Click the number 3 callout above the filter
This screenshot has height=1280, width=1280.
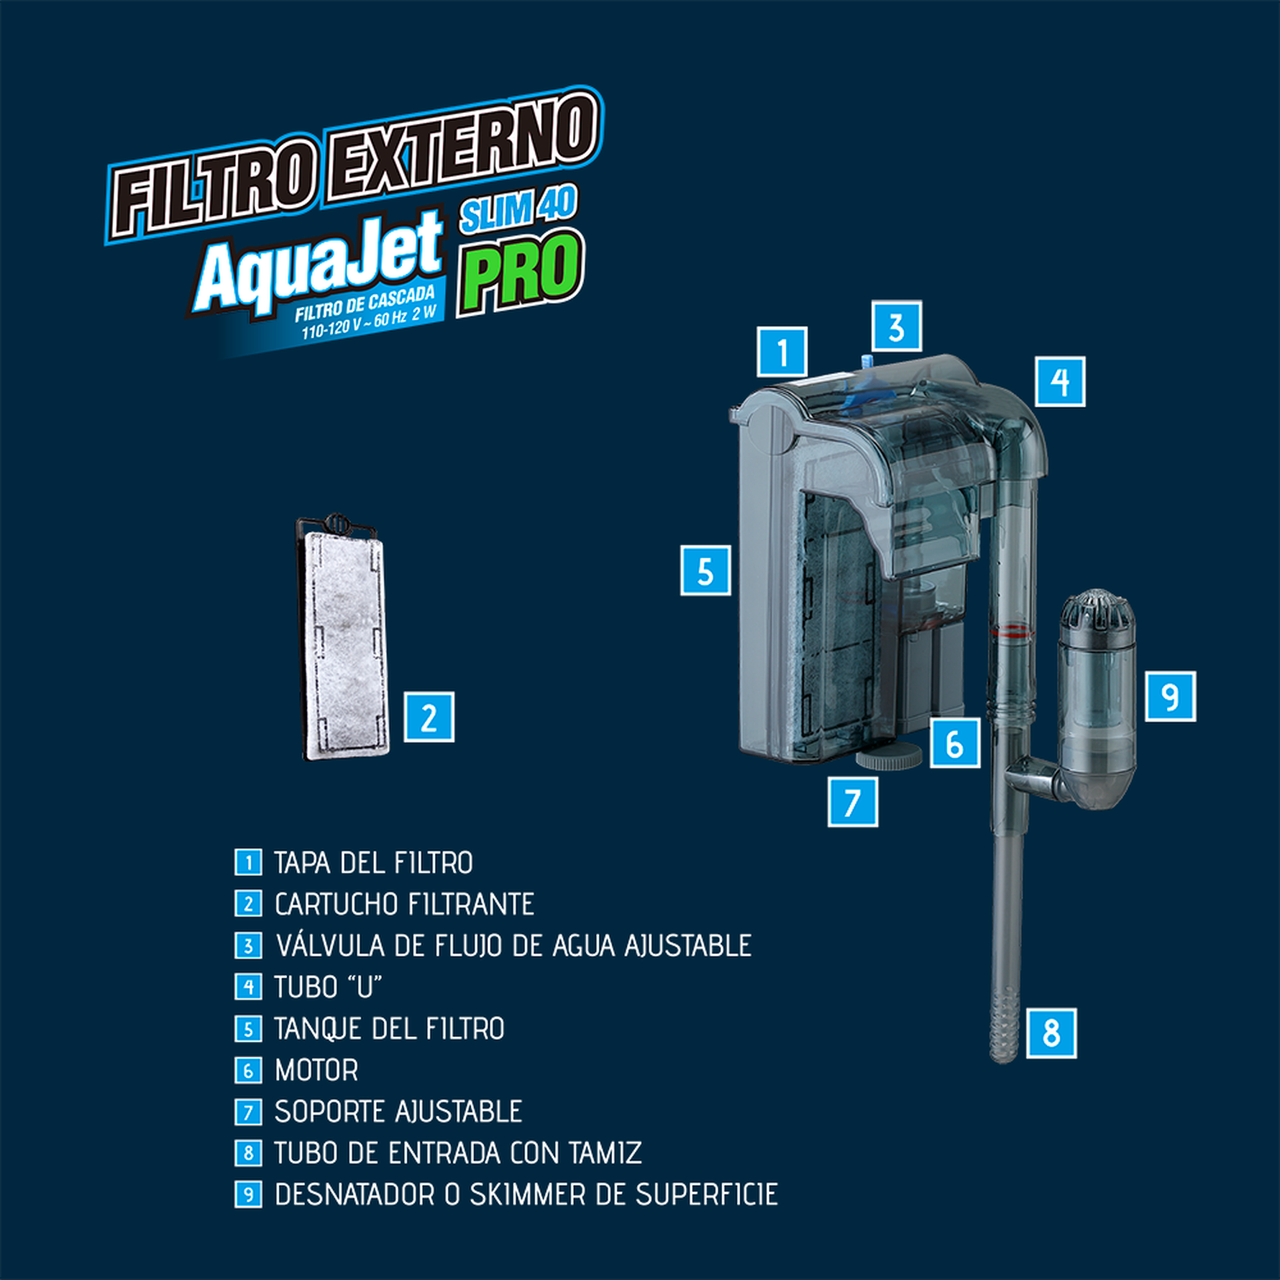coord(896,326)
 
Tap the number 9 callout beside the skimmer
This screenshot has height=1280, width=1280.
coord(1170,696)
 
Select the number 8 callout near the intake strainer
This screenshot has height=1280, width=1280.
coord(1051,1033)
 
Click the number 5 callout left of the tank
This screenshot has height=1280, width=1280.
coord(706,570)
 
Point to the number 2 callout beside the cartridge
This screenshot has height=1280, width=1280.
coord(428,717)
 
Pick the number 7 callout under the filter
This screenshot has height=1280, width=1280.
coord(852,801)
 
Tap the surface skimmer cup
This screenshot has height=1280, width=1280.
coord(1097,700)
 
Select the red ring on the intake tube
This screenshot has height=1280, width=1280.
coord(1010,632)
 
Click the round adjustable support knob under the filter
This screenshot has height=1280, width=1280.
coord(889,756)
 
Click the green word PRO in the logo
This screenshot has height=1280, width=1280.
coord(521,271)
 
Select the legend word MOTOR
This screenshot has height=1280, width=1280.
coord(317,1070)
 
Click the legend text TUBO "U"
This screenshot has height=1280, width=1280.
coord(328,986)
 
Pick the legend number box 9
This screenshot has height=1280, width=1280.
coord(248,1194)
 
